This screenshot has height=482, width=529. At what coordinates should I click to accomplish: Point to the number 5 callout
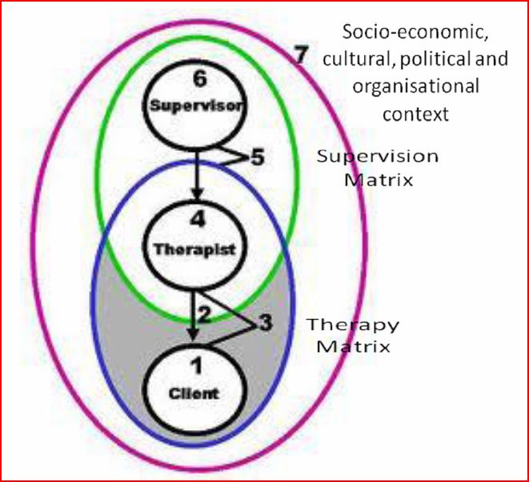[x=256, y=157]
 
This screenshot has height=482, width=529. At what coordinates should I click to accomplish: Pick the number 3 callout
[x=266, y=323]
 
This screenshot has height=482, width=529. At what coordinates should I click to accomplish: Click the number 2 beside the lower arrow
[x=206, y=314]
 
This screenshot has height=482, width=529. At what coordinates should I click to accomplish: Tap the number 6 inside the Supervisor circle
[x=195, y=81]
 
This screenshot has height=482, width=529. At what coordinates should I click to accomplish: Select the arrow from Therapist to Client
[x=192, y=316]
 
